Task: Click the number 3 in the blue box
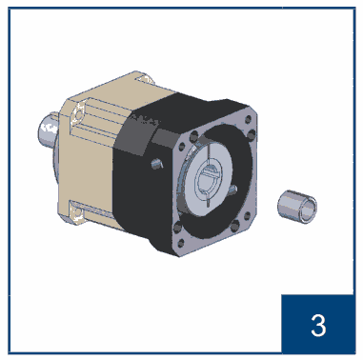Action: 318,326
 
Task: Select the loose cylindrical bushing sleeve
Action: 297,207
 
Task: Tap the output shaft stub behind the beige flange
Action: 49,131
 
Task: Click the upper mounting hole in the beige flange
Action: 78,113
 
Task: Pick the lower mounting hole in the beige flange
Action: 77,213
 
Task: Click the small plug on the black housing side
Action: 156,164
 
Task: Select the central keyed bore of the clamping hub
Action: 208,181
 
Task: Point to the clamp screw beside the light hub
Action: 233,189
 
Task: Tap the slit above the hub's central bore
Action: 209,155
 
